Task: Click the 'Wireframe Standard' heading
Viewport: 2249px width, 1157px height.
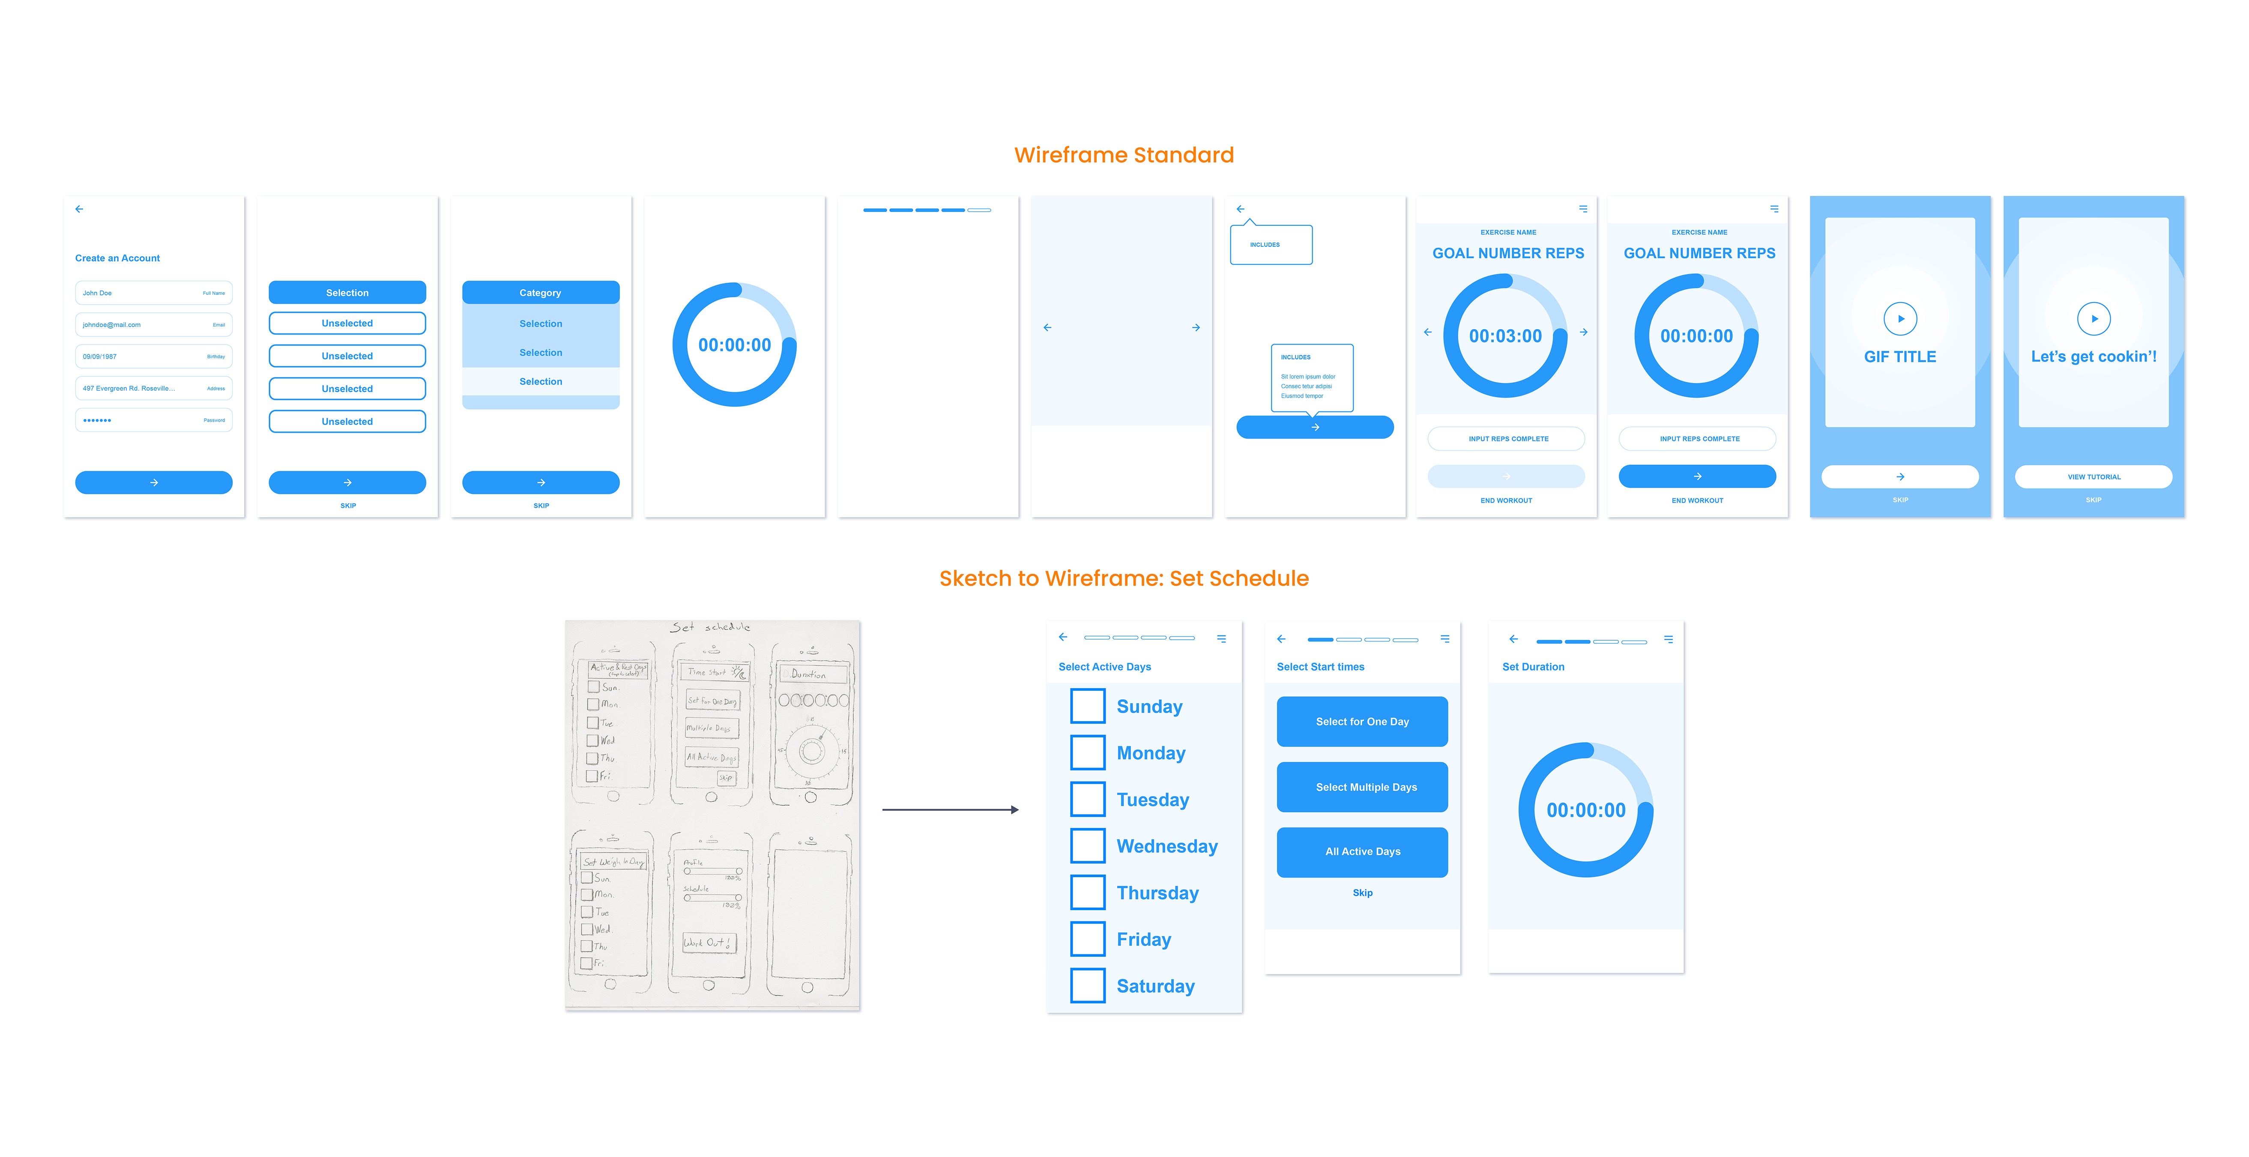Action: (1124, 156)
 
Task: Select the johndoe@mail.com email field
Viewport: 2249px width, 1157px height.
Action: (154, 325)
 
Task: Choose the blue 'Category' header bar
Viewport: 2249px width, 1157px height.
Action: (541, 293)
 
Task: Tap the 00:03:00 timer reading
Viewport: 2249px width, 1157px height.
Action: (1505, 336)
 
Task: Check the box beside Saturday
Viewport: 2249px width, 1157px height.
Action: (1088, 986)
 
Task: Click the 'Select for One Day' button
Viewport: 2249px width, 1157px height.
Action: (1362, 721)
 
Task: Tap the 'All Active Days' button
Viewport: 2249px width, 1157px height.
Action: (1362, 851)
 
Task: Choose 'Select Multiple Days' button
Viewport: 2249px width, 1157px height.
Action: (1362, 787)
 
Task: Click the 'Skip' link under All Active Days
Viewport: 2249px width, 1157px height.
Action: (1362, 893)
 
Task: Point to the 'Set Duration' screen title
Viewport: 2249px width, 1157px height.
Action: (1533, 667)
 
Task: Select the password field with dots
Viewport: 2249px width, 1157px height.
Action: (154, 420)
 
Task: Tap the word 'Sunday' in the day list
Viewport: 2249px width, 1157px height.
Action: (1149, 707)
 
